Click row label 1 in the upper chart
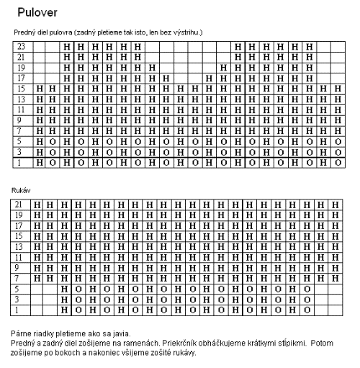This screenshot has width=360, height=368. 22,163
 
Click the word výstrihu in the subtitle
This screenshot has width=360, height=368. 186,33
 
